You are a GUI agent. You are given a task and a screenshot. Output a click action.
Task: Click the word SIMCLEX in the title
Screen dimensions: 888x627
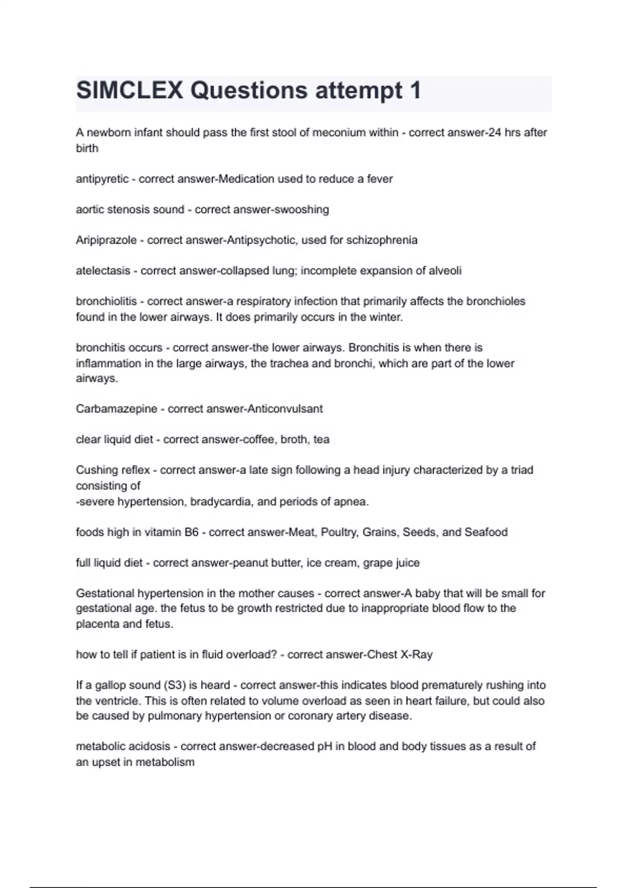130,90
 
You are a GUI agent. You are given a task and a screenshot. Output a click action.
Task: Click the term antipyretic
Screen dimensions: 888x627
102,179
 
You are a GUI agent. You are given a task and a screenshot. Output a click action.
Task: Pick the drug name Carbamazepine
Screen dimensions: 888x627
117,409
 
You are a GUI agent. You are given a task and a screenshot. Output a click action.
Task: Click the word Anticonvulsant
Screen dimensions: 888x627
285,409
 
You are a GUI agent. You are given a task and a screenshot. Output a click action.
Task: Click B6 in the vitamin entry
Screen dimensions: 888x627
191,532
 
